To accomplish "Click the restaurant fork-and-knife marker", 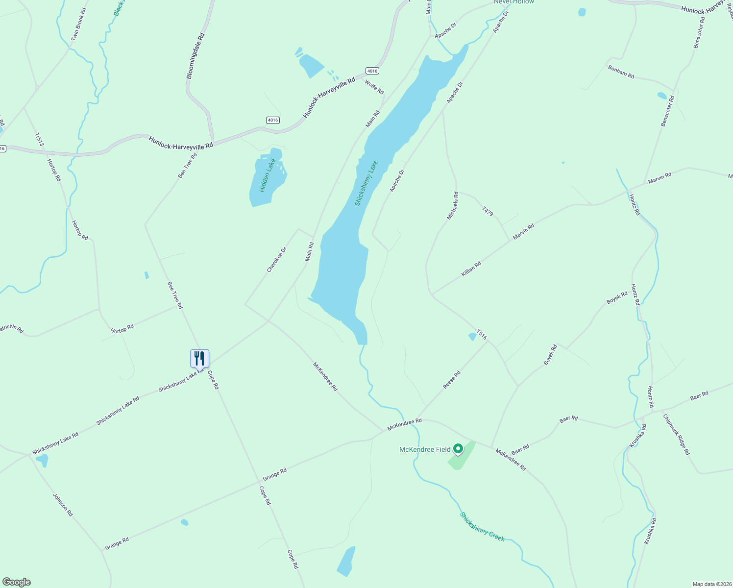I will click(x=199, y=358).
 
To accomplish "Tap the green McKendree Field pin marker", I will click(x=458, y=448).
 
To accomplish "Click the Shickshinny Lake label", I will click(x=366, y=183).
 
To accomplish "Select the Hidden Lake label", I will click(x=268, y=175).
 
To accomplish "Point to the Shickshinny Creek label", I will click(x=482, y=527).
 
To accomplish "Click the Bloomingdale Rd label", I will click(x=195, y=56).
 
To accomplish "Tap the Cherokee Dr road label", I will click(x=276, y=259).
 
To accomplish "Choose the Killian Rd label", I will click(x=471, y=269).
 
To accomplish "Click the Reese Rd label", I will click(x=452, y=380).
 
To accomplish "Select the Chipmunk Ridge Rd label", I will click(x=676, y=435).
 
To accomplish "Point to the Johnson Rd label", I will click(x=63, y=505).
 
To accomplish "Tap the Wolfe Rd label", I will click(x=374, y=87).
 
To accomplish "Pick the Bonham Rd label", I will click(x=621, y=72).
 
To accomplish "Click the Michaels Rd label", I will click(x=452, y=205).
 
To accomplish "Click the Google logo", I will click(x=16, y=582).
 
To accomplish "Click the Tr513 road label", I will click(x=39, y=139).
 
